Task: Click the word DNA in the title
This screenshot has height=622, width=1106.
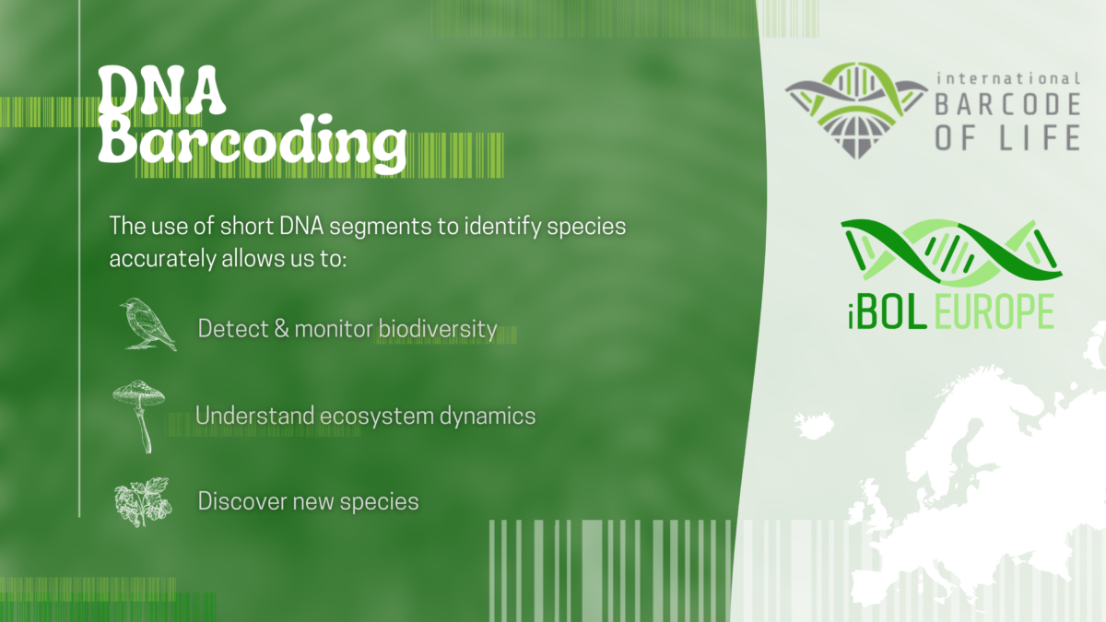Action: tap(161, 91)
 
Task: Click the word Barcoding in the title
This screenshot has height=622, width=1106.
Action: tap(252, 143)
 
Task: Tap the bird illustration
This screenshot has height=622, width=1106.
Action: tap(147, 324)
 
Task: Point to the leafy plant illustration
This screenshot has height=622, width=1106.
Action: tap(143, 502)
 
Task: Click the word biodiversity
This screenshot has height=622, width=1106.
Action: tap(438, 329)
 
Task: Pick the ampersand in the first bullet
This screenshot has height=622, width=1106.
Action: tap(281, 328)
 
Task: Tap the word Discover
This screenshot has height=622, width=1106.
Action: tap(241, 501)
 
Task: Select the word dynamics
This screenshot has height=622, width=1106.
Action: tap(488, 416)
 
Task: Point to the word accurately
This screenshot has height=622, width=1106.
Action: tap(162, 259)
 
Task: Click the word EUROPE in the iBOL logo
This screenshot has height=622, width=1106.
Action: tap(994, 312)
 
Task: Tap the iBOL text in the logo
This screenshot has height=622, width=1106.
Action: tap(888, 312)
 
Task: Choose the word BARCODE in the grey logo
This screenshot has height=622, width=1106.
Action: tap(1007, 104)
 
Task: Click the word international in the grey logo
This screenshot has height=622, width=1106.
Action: tap(1008, 78)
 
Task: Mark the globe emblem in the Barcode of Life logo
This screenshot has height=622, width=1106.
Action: tap(856, 134)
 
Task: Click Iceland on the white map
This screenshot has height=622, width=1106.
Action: tap(814, 426)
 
